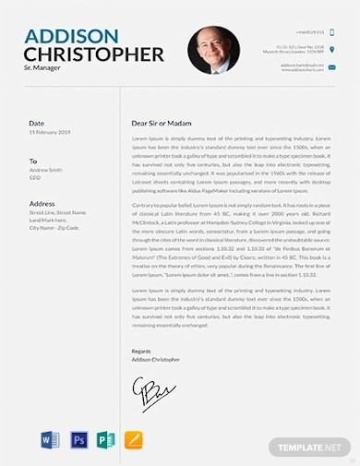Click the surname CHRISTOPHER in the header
coord(94,54)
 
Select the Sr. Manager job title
coord(42,70)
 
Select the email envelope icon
coord(332,66)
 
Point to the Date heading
coord(36,123)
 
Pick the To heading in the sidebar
coord(33,161)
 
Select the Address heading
coord(42,203)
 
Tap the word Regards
coord(140,352)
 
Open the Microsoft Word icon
coord(50,439)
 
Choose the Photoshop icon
coord(78,439)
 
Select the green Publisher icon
coord(105,439)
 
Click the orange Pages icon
coord(133,439)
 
